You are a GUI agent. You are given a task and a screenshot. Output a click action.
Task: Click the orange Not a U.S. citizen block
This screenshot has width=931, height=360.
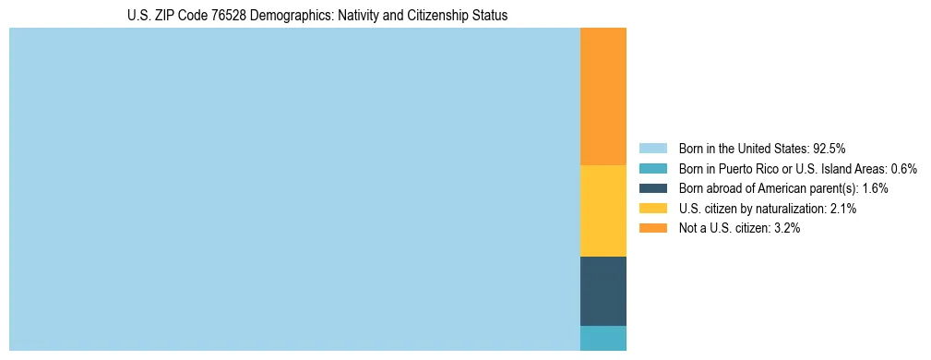coord(603,96)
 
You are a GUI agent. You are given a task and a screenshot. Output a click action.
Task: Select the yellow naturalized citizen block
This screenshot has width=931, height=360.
coord(603,210)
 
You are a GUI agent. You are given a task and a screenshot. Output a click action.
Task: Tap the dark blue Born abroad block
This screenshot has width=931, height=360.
coord(603,291)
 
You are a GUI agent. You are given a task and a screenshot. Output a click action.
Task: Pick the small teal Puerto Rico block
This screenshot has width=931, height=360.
coord(603,338)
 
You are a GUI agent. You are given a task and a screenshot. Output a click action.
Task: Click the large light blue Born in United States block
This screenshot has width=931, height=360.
coord(294,189)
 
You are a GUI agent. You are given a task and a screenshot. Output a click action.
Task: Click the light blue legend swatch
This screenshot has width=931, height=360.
coord(652,148)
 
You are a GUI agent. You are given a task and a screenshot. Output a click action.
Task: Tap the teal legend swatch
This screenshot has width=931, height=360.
coord(652,168)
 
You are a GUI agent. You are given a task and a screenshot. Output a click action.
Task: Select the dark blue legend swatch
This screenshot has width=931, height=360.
coord(652,188)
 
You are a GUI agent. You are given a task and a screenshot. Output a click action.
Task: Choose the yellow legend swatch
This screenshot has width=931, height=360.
coord(652,209)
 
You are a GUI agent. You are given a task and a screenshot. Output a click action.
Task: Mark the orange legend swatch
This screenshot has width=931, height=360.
coord(652,228)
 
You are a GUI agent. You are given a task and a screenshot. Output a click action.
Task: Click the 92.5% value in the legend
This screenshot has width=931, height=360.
coord(830,148)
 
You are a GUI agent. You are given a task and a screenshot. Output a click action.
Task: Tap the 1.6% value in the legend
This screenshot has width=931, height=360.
coord(875,188)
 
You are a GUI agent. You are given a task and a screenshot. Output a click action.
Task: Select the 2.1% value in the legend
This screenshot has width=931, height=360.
coord(843,209)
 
